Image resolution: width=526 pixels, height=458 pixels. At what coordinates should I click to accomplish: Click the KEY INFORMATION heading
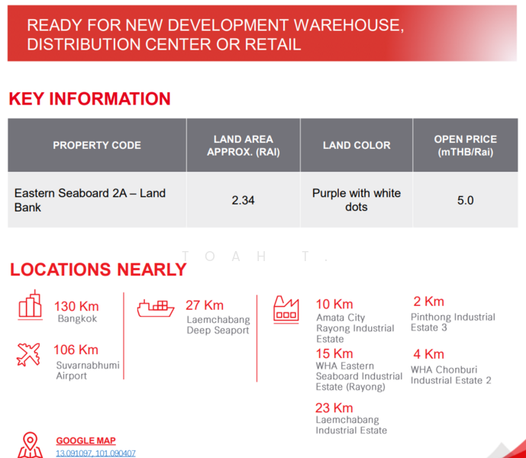(x=89, y=99)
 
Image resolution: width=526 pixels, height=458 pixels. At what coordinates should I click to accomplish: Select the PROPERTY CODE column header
(x=97, y=145)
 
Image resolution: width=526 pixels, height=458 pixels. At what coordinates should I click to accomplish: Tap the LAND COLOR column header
(x=357, y=145)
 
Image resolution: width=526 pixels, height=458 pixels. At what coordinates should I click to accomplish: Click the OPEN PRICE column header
(x=465, y=145)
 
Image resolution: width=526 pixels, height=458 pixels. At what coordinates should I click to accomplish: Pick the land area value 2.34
(x=243, y=201)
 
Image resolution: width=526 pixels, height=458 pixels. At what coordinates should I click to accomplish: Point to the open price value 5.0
(x=465, y=201)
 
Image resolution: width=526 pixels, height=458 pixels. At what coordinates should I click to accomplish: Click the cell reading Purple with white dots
(x=357, y=200)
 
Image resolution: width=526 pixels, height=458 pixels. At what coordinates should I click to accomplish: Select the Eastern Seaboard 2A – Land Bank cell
(x=89, y=200)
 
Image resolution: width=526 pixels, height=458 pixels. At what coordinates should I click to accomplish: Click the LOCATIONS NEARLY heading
(x=98, y=269)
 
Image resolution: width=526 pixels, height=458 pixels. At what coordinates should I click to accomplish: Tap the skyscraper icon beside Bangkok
(x=31, y=305)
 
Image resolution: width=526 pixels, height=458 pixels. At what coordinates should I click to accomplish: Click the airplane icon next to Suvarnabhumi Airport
(x=29, y=355)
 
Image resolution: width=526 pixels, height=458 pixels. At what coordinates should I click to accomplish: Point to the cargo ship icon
(x=156, y=308)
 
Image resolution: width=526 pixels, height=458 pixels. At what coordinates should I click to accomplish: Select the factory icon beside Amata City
(x=286, y=308)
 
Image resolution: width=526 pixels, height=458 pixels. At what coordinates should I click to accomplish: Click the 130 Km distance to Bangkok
(x=76, y=306)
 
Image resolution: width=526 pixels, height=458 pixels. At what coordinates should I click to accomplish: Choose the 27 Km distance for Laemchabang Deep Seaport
(x=205, y=305)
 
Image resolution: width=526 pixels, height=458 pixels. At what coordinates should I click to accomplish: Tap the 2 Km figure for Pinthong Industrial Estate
(x=428, y=302)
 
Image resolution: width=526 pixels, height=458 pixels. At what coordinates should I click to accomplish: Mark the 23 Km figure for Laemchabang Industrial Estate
(x=334, y=408)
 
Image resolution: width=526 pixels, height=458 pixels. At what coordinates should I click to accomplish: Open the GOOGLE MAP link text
(x=86, y=440)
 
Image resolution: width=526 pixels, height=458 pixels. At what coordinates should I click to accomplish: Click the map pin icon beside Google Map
(x=30, y=444)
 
